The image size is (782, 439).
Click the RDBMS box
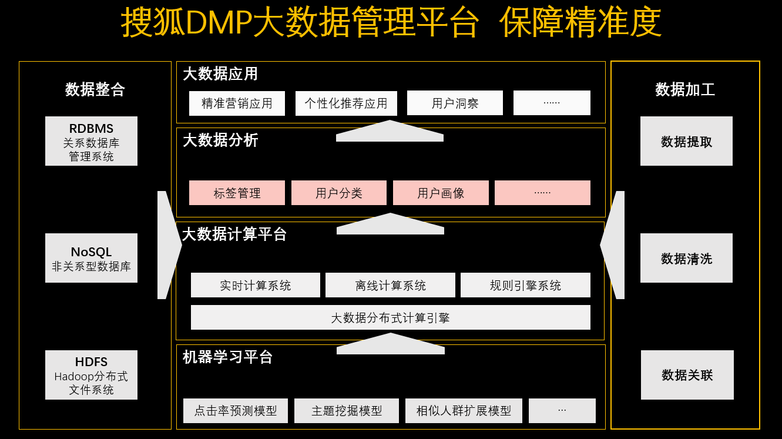[x=91, y=141]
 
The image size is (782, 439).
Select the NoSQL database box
[x=91, y=258]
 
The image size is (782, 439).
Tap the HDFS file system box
[x=91, y=375]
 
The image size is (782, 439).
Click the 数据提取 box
[x=686, y=141]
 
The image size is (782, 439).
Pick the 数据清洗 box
[x=686, y=258]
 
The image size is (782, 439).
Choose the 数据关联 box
[x=687, y=375]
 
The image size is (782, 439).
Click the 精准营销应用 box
[x=237, y=103]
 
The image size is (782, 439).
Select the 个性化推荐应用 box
[x=346, y=103]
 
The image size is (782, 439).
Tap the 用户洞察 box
[x=455, y=103]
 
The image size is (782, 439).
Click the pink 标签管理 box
[x=237, y=193]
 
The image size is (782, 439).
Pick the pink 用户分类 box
[x=339, y=193]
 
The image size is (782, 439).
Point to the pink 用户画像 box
[x=441, y=193]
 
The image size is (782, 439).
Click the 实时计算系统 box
[x=256, y=286]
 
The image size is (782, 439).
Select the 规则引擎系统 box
[x=525, y=286]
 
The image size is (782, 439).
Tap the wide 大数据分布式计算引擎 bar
[x=391, y=317]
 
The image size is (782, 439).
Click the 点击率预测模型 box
[x=236, y=411]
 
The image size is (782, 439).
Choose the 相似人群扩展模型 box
[x=464, y=411]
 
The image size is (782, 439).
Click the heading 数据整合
[x=95, y=89]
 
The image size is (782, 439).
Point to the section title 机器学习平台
[x=227, y=357]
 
